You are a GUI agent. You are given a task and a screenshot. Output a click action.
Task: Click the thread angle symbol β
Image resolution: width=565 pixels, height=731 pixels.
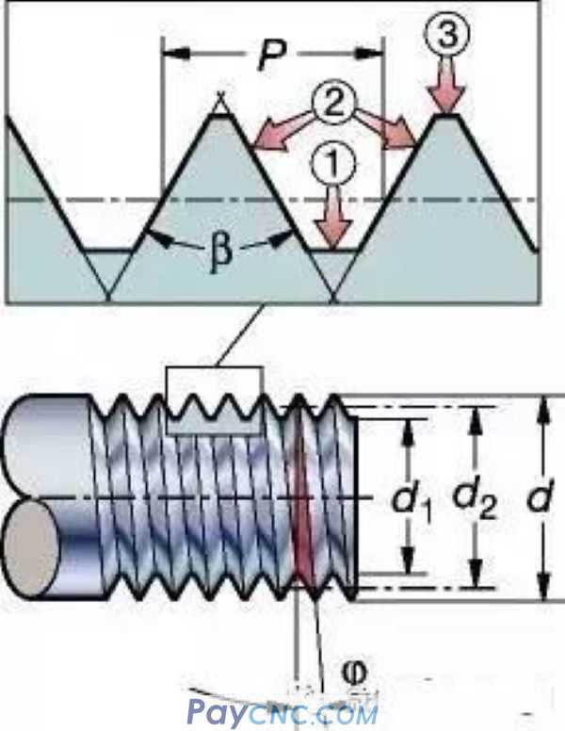pos(219,254)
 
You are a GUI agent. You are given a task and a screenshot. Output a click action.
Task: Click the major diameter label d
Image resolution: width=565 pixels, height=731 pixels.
pos(538,496)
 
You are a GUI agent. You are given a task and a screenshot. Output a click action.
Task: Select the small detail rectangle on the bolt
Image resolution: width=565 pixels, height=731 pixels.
pos(214,400)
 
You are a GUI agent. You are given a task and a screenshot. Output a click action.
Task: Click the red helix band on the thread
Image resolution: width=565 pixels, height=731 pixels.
pos(304,499)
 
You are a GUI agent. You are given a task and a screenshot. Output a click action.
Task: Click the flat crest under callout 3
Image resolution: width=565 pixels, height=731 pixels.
pos(445,116)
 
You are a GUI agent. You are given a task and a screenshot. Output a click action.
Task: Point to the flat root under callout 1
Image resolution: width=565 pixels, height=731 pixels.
pos(335,251)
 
